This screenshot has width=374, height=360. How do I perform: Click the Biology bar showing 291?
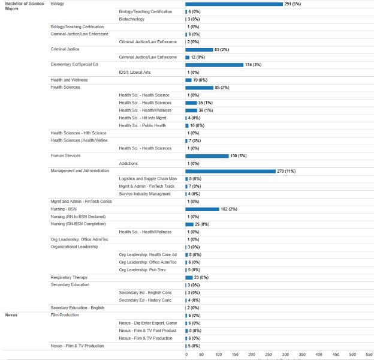(x=234, y=4)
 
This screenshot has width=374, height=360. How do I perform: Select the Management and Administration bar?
(x=230, y=171)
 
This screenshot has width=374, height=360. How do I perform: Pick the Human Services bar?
(x=207, y=156)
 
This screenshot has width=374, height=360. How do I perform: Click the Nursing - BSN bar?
(x=202, y=209)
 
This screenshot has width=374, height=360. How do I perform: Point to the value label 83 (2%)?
(x=222, y=50)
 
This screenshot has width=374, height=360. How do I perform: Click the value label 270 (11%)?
(x=286, y=171)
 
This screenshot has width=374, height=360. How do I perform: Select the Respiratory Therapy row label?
(x=69, y=277)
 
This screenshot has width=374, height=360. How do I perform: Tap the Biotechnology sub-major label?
(x=131, y=19)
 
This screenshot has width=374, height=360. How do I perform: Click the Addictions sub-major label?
(x=129, y=163)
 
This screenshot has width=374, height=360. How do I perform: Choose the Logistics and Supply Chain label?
(x=147, y=179)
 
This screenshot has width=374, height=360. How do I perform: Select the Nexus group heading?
(x=11, y=315)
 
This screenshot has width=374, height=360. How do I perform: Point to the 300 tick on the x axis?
(x=285, y=355)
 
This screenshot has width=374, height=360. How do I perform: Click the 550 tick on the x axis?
(x=369, y=355)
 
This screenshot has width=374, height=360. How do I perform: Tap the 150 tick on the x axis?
(x=236, y=355)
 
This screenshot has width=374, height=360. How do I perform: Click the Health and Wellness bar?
(x=188, y=80)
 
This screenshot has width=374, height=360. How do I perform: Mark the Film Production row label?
(x=65, y=315)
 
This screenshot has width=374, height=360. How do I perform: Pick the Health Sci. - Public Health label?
(x=142, y=125)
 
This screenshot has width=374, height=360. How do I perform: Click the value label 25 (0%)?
(x=202, y=224)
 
